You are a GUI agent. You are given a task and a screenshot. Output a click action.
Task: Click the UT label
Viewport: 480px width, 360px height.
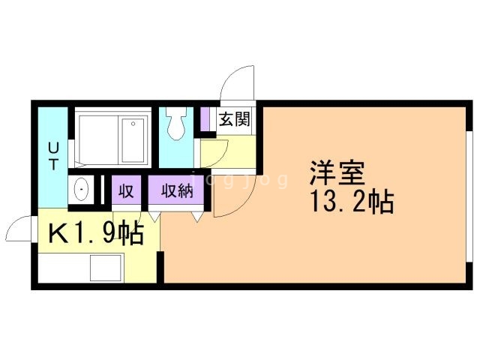(53, 154)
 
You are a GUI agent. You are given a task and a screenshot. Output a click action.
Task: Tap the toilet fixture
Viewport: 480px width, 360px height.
(177, 124)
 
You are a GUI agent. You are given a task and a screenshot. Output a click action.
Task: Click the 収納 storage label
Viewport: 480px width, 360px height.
(177, 190)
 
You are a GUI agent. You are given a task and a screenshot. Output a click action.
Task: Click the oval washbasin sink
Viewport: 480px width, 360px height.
(82, 191)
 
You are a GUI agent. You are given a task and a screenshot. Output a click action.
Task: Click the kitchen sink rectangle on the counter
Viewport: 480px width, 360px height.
(106, 268)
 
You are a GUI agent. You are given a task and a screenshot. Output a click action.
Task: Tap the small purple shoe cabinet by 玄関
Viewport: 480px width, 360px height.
(204, 119)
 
